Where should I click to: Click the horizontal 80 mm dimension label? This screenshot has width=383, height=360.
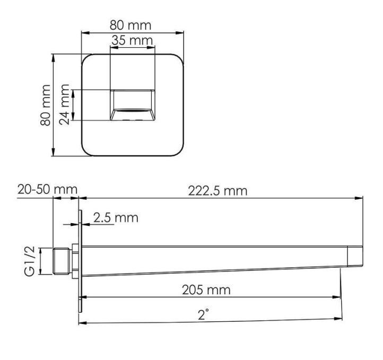pos(130,25)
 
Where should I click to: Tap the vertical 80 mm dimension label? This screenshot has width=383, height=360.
pos(46,105)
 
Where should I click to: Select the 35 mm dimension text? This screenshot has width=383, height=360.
pos(132,40)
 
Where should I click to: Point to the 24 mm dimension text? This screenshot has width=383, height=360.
pos(64,104)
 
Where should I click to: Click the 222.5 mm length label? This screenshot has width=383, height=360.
pos(217,191)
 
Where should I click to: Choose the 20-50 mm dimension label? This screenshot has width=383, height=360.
pos(47,189)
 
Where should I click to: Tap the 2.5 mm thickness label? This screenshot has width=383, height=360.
pos(116,217)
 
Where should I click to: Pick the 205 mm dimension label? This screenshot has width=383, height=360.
pos(206,290)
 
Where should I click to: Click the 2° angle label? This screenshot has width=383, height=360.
pos(203,314)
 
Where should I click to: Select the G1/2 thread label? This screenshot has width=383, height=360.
pos(30,261)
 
